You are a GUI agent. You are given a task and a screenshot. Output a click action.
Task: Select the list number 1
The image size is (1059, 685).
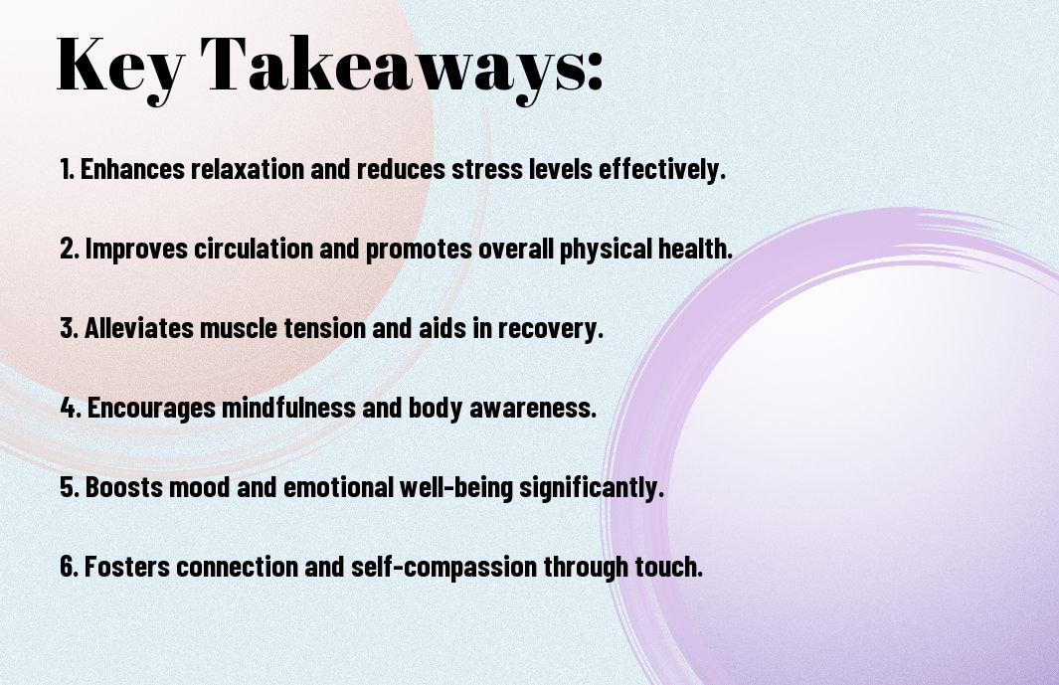point(67,169)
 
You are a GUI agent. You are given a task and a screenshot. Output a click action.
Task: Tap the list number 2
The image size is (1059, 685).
point(70,249)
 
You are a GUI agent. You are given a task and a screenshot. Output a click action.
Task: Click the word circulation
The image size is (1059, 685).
point(254,248)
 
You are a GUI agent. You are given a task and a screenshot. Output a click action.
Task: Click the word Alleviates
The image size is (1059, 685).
point(139,328)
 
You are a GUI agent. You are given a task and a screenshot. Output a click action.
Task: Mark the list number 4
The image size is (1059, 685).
point(71,408)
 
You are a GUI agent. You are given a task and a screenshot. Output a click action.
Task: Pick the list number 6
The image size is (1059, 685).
point(70,566)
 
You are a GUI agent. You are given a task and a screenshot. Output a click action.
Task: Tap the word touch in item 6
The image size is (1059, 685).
point(668,566)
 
